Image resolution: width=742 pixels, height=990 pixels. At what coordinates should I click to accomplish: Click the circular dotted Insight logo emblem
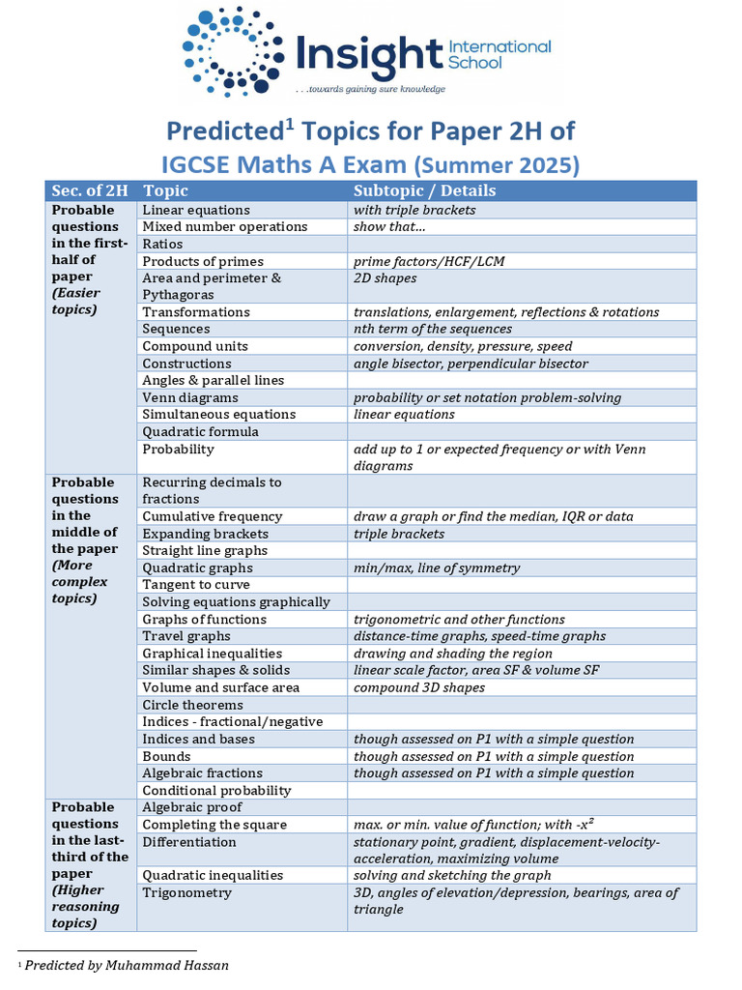click(x=232, y=50)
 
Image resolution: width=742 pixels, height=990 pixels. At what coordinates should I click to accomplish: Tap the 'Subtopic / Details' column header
click(x=424, y=190)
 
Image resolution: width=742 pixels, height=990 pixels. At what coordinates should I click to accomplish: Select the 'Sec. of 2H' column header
click(x=90, y=190)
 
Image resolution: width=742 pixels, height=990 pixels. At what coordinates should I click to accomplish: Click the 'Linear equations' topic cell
click(x=196, y=210)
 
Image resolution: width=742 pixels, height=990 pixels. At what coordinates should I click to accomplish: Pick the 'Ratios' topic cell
click(x=162, y=244)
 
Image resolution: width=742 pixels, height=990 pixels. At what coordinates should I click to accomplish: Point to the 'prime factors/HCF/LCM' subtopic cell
click(x=429, y=261)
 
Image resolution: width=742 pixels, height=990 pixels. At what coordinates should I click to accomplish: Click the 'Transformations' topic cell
click(x=196, y=312)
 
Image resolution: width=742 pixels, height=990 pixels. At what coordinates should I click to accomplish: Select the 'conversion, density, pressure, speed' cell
click(x=463, y=346)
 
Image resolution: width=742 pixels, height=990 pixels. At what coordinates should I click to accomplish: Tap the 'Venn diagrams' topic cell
click(x=190, y=397)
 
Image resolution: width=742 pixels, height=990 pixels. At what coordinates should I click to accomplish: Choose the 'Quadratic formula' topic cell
click(x=200, y=431)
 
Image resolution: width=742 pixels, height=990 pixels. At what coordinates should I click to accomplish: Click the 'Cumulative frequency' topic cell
click(x=213, y=516)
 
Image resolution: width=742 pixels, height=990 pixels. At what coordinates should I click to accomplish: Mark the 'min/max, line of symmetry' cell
click(x=437, y=568)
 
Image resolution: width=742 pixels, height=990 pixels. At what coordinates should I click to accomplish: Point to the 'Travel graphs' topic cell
click(x=186, y=636)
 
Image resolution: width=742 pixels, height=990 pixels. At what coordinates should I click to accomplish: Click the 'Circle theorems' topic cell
click(x=193, y=705)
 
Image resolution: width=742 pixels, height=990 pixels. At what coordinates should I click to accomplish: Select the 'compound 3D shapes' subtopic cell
click(x=419, y=687)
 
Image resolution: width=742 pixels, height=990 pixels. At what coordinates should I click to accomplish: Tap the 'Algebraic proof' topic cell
click(x=192, y=807)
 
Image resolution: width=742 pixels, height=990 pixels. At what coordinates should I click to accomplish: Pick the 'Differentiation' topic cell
click(x=189, y=841)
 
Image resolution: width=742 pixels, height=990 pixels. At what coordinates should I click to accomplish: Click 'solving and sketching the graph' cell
click(x=452, y=875)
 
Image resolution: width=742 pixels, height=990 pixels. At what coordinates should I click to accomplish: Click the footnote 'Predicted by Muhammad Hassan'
click(x=127, y=965)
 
